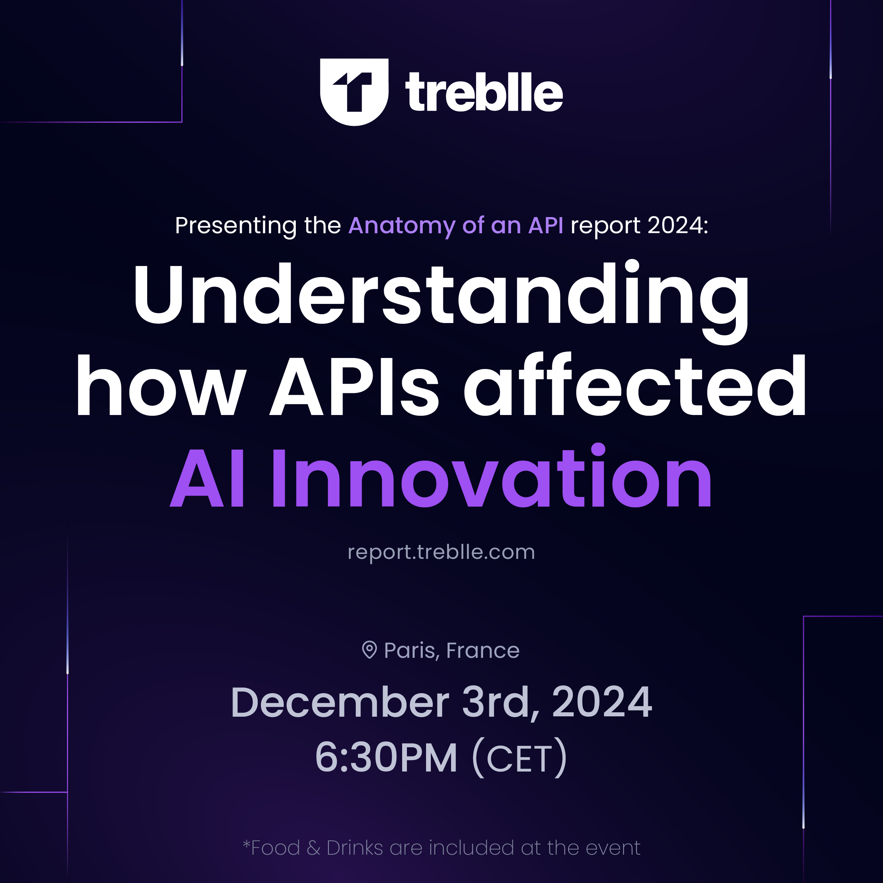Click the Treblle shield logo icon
[354, 92]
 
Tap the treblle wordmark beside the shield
[484, 92]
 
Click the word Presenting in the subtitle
[236, 226]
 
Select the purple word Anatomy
[402, 226]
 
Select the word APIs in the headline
[355, 385]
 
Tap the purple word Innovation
[492, 476]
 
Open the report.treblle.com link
[441, 552]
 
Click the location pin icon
[369, 649]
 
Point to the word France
[483, 650]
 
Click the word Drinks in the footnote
[355, 848]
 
